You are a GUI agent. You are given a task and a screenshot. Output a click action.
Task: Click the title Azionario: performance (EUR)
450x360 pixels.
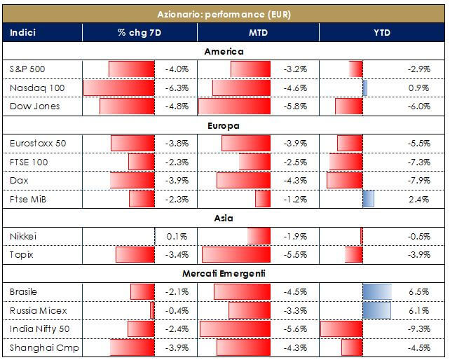(x=224, y=13)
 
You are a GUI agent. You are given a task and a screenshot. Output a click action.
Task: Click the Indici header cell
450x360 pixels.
(x=24, y=32)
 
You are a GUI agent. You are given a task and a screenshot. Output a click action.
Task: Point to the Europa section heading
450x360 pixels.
(x=224, y=126)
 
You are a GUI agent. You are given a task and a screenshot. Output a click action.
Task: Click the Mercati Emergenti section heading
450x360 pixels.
(x=224, y=273)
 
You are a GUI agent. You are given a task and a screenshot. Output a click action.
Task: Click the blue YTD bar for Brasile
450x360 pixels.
(x=376, y=291)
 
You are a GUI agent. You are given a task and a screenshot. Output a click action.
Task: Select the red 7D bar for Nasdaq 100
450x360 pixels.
(x=119, y=88)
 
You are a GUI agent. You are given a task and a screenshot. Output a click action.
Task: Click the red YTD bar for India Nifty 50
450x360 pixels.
(x=341, y=328)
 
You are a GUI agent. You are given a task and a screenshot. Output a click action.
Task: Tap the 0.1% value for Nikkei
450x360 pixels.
(x=179, y=236)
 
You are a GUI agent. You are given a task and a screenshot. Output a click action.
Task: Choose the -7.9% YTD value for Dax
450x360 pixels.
(x=418, y=181)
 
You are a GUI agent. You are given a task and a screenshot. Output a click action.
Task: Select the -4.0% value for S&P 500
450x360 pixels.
(x=177, y=70)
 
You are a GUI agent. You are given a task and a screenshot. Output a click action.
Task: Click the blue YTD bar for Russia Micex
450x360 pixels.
(x=376, y=310)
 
